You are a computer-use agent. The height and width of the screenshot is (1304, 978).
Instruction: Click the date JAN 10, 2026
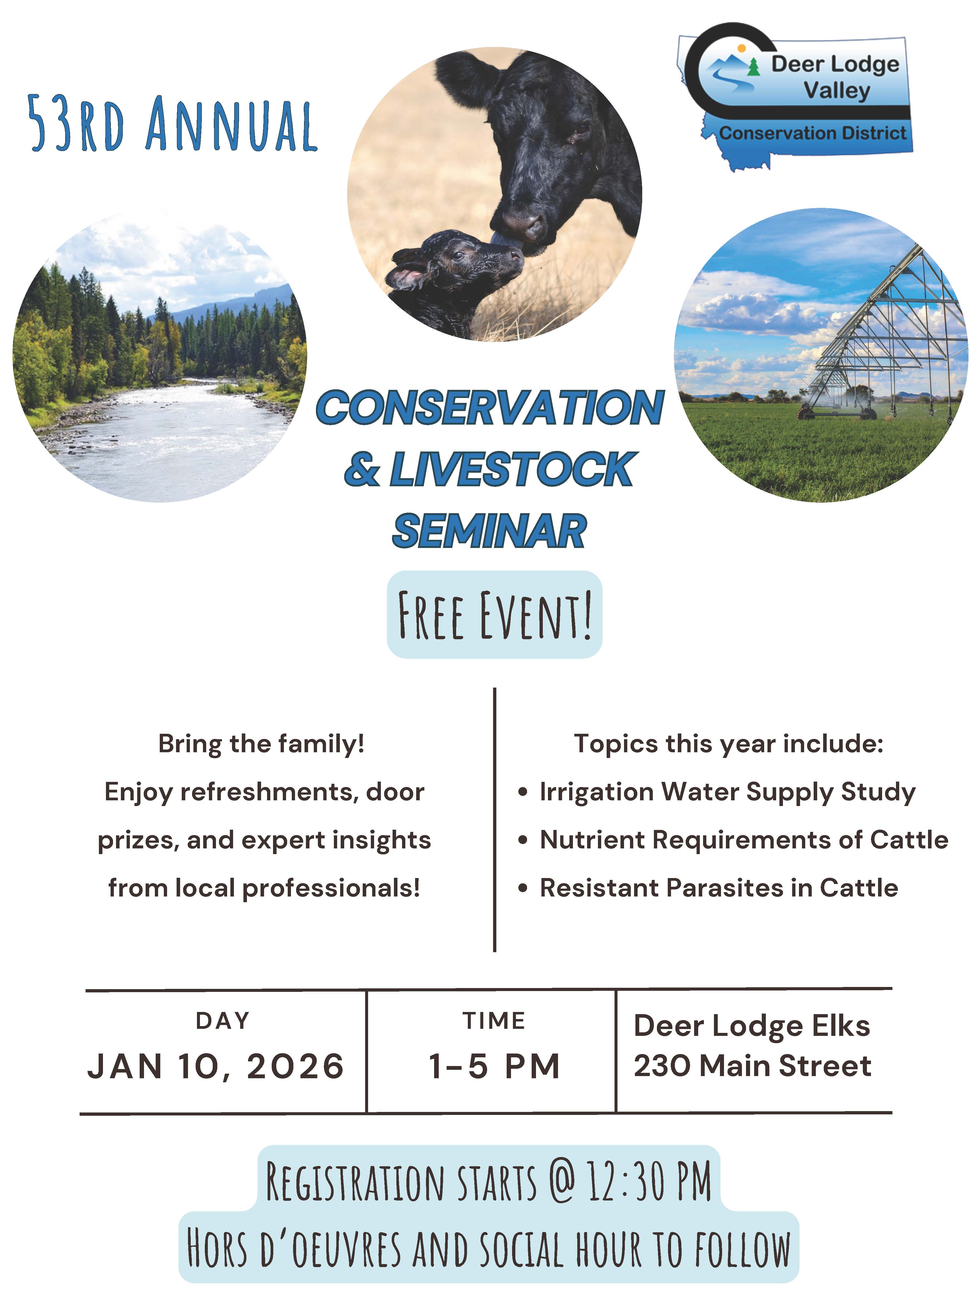click(x=216, y=1066)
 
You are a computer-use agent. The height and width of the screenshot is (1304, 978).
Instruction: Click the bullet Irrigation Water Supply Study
click(x=728, y=792)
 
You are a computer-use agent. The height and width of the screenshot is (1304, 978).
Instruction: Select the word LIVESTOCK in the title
click(x=510, y=469)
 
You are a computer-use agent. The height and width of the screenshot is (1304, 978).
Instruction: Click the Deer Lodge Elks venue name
click(x=752, y=1026)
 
